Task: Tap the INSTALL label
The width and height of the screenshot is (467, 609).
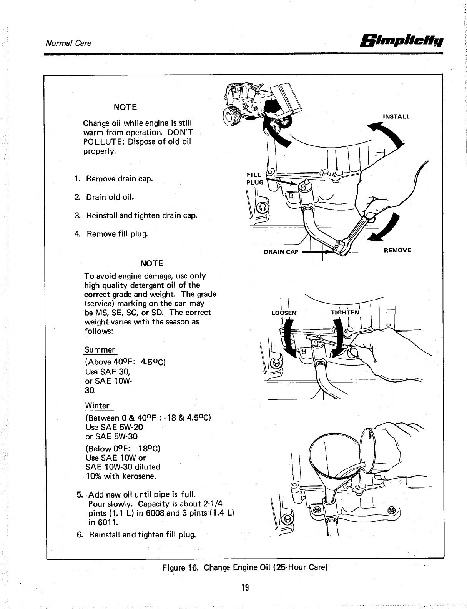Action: pos(396,116)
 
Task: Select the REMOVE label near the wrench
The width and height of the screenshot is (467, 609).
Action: pos(397,250)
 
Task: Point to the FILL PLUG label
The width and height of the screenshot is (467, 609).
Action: pos(255,178)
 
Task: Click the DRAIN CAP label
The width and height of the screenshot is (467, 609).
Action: pos(281,252)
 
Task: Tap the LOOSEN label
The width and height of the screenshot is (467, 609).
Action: pos(284,313)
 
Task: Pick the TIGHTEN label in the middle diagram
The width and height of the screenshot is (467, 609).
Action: pos(345,313)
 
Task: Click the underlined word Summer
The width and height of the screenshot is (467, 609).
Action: pos(100,350)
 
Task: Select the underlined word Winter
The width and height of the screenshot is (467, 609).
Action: pos(97,406)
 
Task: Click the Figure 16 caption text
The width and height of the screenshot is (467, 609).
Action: pos(244,567)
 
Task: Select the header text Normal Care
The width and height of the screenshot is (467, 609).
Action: pos(68,43)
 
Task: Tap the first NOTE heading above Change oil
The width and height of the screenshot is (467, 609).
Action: pos(125,106)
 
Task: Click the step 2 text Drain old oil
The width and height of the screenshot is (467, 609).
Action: pos(110,197)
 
